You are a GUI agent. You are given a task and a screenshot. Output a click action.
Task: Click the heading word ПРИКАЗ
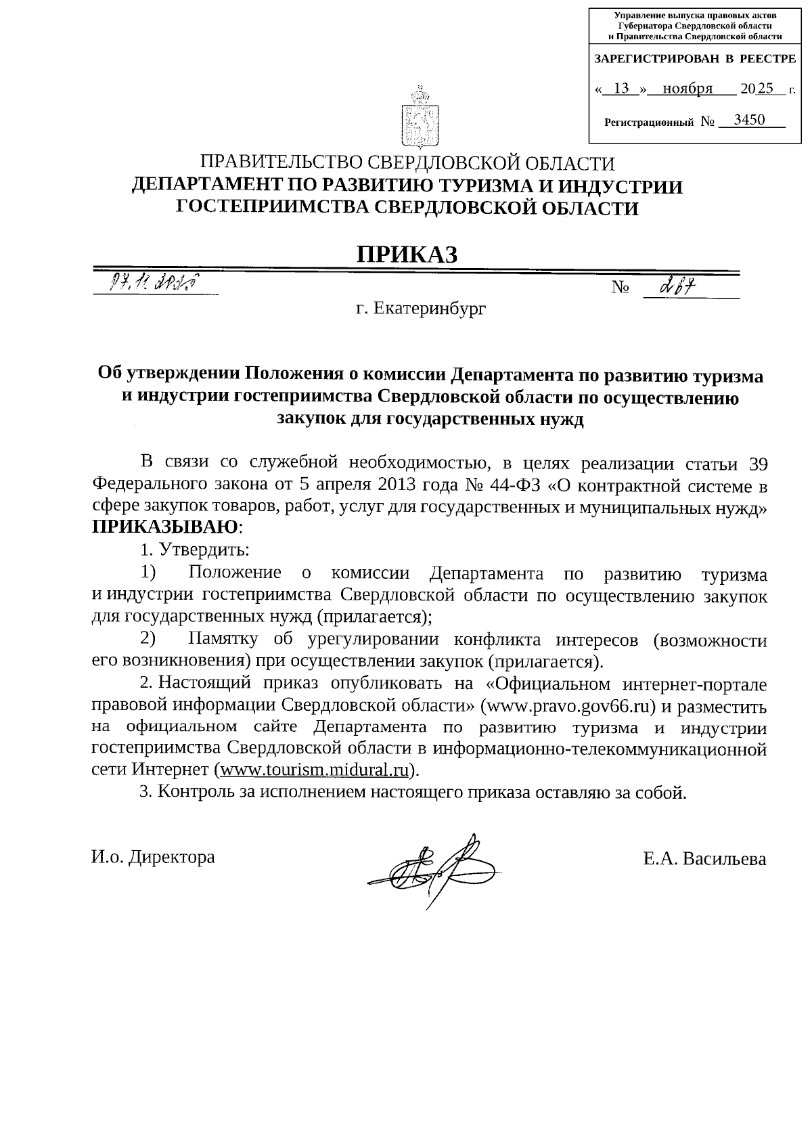407,254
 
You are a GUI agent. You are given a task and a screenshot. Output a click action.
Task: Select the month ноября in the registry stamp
687,89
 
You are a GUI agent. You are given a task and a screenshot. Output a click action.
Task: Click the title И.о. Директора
153,857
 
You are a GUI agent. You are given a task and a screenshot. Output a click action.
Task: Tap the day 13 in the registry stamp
621,89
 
